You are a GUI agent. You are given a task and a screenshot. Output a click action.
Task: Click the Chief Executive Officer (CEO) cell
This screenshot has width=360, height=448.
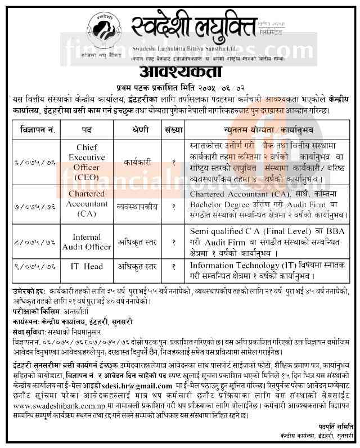click(x=88, y=160)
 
